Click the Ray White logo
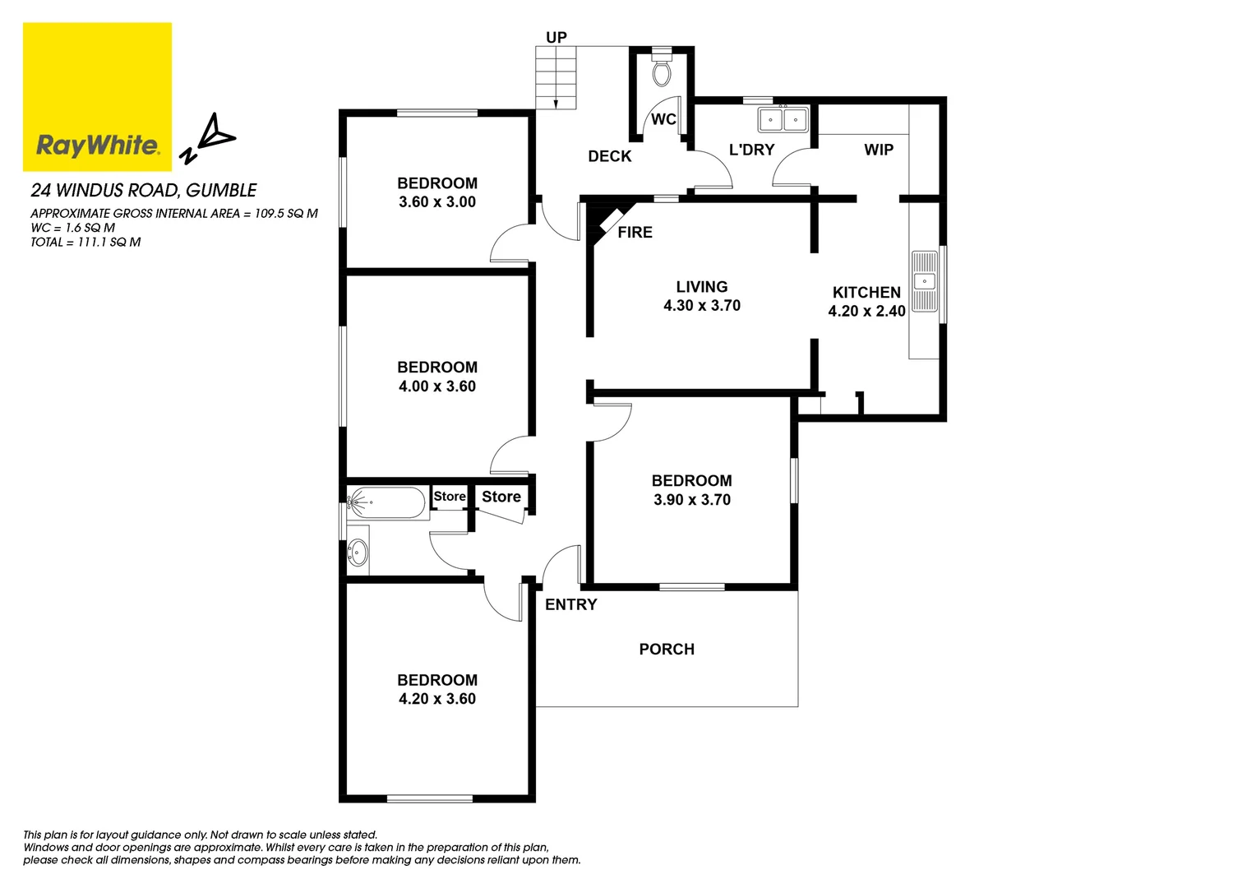[97, 96]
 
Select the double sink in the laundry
[783, 120]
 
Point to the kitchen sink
[925, 281]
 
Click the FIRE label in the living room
[635, 233]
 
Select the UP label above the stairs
[556, 37]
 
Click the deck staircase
[556, 77]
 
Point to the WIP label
[879, 150]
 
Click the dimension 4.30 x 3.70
[702, 306]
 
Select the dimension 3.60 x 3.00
[437, 202]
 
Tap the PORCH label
[667, 650]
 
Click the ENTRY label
[570, 604]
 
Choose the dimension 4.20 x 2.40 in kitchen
[866, 312]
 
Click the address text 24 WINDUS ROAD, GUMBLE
[144, 191]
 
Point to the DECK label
[610, 156]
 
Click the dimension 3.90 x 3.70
[692, 500]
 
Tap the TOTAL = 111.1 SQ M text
[85, 243]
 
